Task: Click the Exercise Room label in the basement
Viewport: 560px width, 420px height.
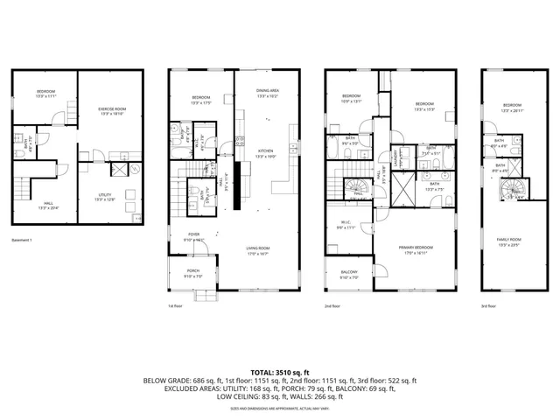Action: pyautogui.click(x=110, y=110)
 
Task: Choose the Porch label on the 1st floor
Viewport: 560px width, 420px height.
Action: pyautogui.click(x=192, y=272)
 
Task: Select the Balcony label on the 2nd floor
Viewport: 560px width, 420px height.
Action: pyautogui.click(x=349, y=275)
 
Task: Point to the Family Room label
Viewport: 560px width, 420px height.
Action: pyautogui.click(x=509, y=241)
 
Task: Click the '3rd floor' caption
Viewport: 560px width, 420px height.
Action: pyautogui.click(x=490, y=306)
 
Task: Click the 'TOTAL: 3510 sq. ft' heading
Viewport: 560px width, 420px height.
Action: pyautogui.click(x=280, y=373)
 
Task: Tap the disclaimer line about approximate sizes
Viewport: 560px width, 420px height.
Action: pyautogui.click(x=280, y=408)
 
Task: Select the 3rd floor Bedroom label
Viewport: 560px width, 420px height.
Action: pyautogui.click(x=512, y=108)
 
